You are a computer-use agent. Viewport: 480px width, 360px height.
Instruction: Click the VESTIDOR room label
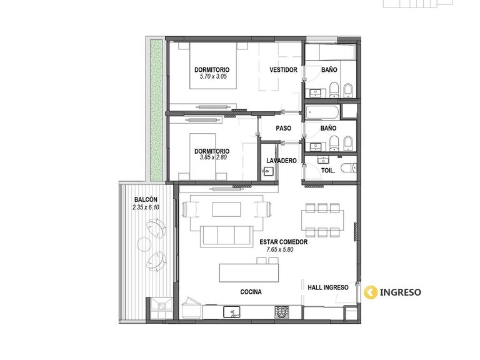point(283,70)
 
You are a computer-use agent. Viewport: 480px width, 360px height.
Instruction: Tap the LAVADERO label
point(281,161)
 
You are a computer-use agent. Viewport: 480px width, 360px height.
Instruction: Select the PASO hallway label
point(284,128)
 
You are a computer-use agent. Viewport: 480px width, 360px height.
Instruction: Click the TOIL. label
point(328,171)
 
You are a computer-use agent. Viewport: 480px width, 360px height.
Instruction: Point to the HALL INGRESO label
point(328,287)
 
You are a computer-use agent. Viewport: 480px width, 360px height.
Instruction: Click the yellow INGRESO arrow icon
point(371,292)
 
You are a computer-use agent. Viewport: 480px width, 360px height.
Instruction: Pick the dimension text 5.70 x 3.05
point(213,76)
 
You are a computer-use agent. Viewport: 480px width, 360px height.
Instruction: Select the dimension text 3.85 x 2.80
point(213,157)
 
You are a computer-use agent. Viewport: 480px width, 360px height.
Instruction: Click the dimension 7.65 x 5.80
point(280,249)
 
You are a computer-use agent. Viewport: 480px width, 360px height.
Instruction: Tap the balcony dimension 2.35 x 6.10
point(146,207)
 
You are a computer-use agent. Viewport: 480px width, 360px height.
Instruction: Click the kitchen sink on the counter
point(232,312)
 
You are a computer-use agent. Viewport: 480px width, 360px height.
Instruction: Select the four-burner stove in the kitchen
point(282,312)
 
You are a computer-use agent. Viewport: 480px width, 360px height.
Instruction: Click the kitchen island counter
point(249,272)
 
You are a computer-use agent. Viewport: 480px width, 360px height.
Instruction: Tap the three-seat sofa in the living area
point(227,236)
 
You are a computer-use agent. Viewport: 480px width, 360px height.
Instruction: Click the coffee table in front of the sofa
point(226,209)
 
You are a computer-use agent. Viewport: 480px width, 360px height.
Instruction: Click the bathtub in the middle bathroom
point(322,112)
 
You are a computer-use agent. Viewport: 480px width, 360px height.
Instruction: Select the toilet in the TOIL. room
point(349,167)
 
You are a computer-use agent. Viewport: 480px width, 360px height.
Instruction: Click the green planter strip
point(156,110)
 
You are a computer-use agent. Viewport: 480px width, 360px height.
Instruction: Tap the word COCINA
point(251,292)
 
